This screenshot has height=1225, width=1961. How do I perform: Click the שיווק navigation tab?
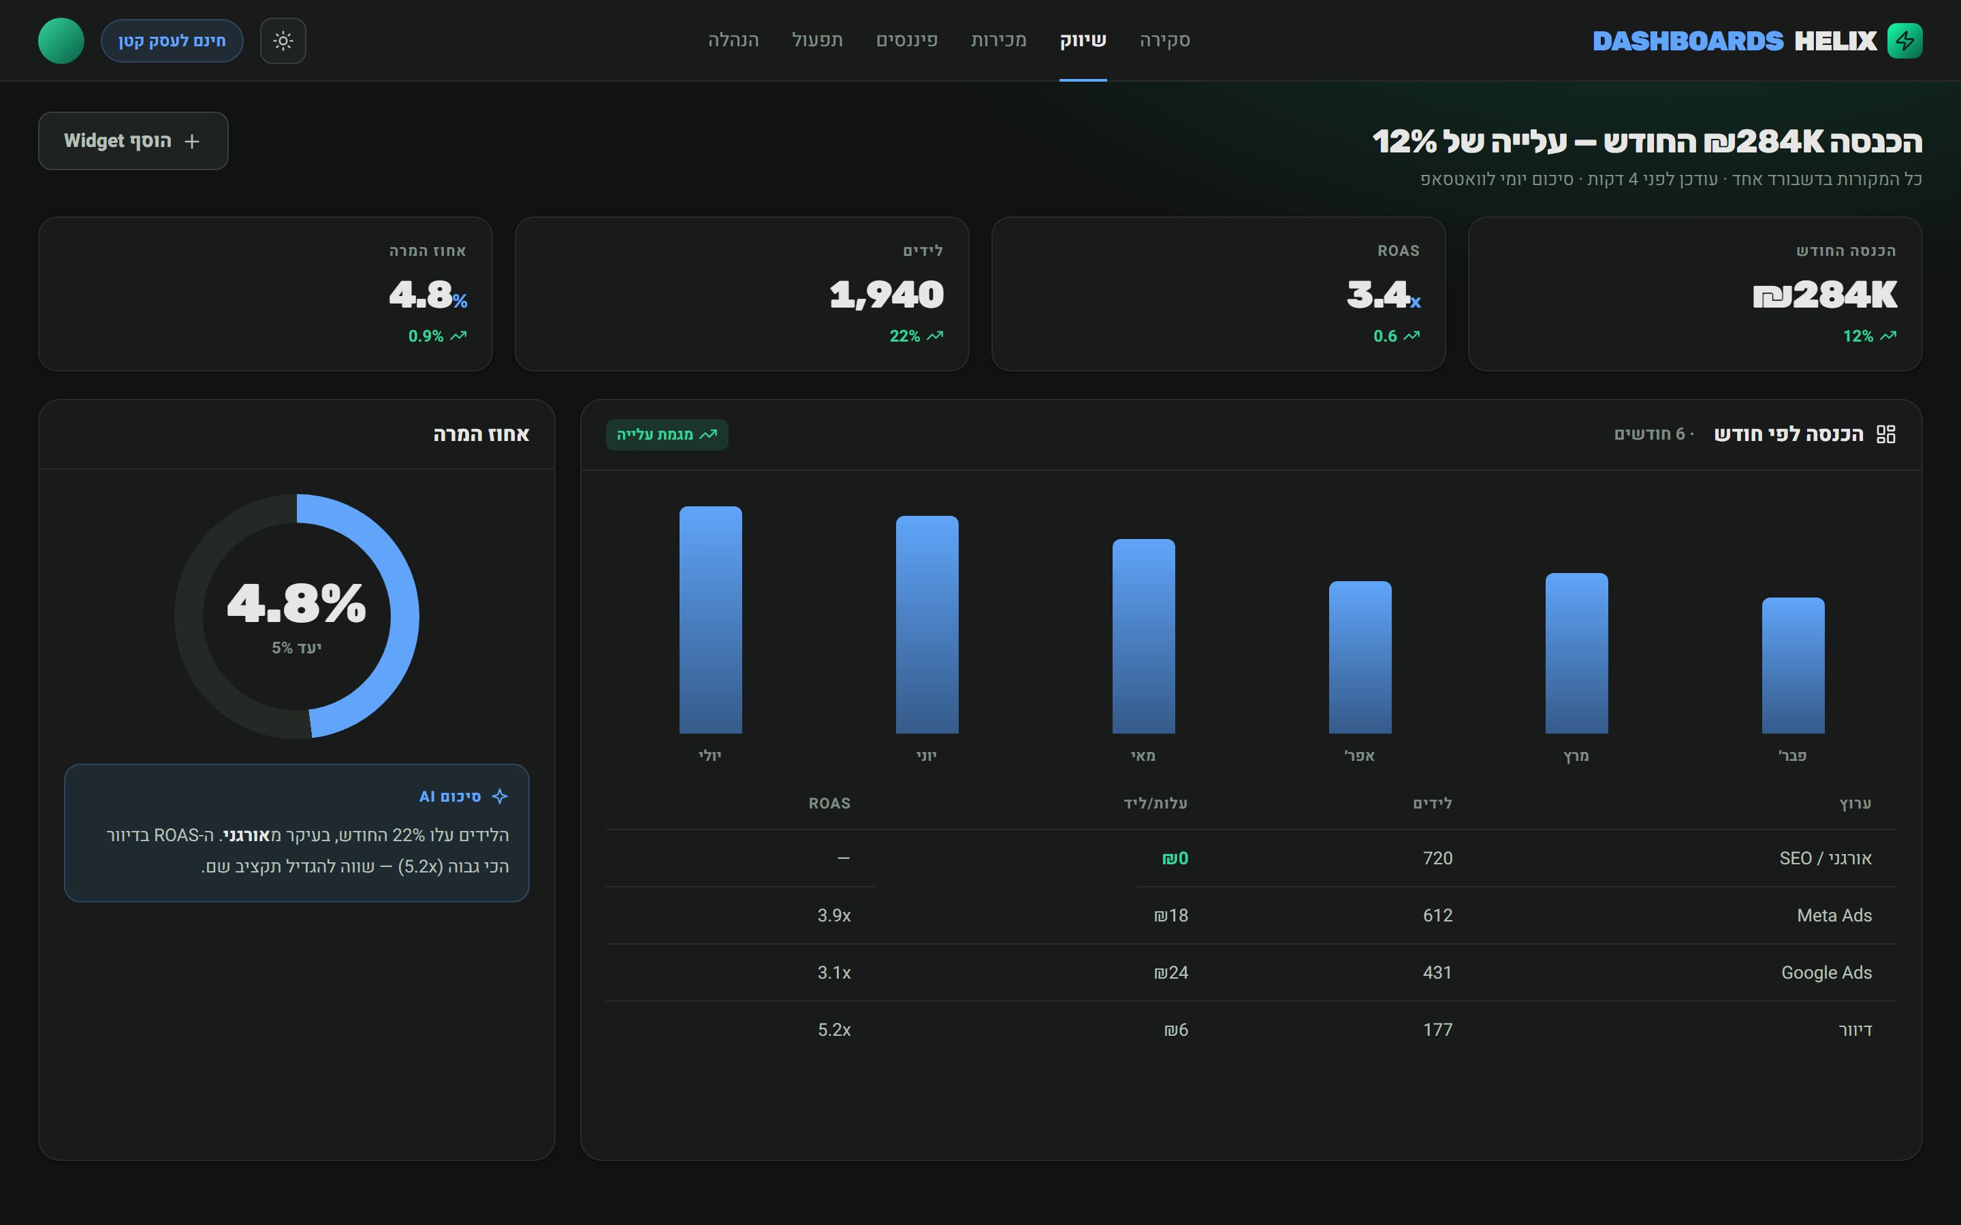[1083, 41]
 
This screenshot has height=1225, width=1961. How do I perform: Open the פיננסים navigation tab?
[907, 41]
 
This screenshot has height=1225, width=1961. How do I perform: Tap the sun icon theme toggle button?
[283, 41]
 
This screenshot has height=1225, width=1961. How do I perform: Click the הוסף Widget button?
[133, 141]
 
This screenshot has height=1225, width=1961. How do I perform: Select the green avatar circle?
[61, 41]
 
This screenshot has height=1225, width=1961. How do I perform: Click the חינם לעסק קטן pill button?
[172, 41]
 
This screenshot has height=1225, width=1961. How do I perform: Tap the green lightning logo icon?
[1904, 41]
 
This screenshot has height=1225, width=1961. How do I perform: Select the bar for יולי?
[711, 620]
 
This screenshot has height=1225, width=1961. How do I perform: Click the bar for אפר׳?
[1360, 657]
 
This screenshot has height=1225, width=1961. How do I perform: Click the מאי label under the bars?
[1143, 756]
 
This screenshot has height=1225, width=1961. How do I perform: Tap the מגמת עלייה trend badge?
[667, 434]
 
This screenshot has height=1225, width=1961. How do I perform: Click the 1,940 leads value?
[887, 295]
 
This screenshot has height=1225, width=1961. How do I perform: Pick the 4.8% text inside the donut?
[297, 604]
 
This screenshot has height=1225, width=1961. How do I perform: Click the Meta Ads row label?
[1834, 915]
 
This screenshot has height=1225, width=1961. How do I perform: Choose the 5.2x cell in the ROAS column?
[834, 1030]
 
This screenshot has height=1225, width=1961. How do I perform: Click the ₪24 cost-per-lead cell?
[1171, 973]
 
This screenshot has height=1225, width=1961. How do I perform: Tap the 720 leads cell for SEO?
[1437, 858]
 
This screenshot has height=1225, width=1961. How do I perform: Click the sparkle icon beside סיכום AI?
[500, 796]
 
